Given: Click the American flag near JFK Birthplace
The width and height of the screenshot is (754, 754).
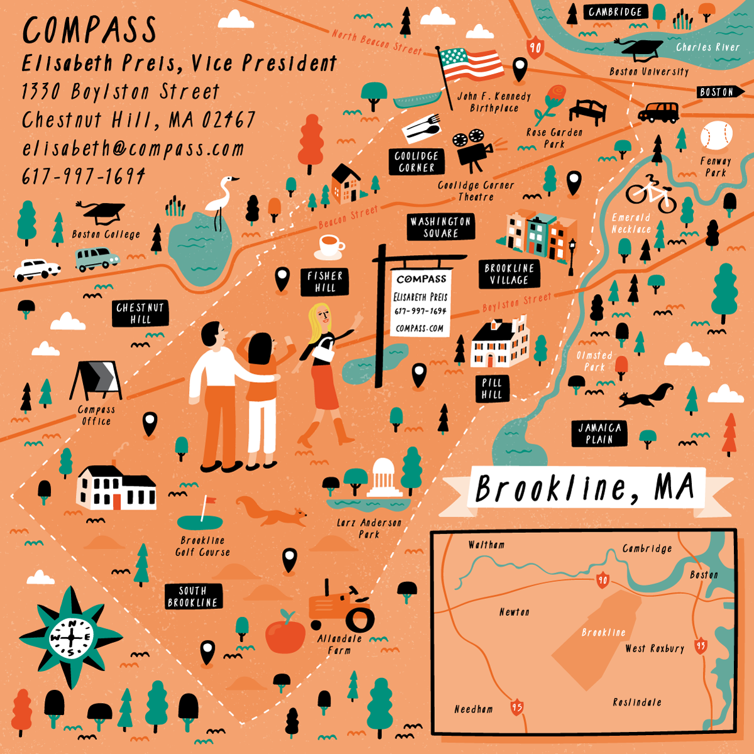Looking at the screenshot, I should [471, 63].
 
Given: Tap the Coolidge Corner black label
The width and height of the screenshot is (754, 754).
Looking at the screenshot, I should [416, 161].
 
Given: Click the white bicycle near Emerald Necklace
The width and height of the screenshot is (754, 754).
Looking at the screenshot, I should [651, 194].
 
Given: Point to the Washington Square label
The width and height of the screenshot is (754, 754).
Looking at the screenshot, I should [440, 227].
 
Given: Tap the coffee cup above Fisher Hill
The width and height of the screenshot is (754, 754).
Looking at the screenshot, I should [331, 245].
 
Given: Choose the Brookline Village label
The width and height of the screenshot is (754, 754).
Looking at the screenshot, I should [509, 275].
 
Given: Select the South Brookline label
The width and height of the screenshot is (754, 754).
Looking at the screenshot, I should [193, 596].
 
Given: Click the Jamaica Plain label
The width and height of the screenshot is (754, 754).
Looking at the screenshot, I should [599, 434].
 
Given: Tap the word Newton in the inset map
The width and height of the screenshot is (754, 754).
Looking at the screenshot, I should [514, 612].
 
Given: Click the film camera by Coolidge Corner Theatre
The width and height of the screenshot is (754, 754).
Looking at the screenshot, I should [473, 148].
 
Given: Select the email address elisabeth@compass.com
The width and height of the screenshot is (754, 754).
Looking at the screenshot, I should [133, 149].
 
